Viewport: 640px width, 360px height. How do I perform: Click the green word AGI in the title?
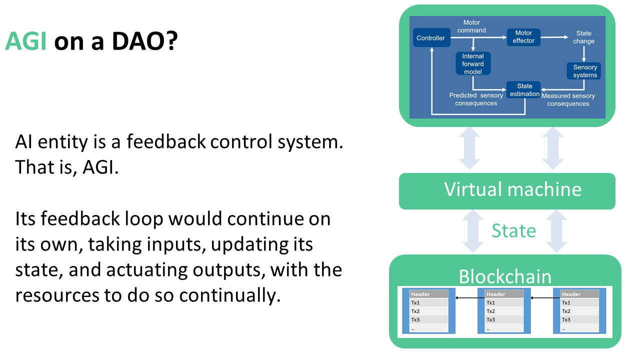(x=25, y=42)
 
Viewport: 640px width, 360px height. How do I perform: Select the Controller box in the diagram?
(x=430, y=38)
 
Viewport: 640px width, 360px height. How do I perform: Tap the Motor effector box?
(x=523, y=37)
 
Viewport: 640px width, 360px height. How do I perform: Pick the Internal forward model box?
(x=473, y=64)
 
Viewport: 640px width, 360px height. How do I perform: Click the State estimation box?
(x=524, y=90)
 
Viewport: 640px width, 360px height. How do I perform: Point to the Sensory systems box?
(x=584, y=71)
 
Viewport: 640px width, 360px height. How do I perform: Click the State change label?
(x=583, y=37)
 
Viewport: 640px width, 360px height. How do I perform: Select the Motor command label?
(x=471, y=26)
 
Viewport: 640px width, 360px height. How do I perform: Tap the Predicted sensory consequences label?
(x=476, y=99)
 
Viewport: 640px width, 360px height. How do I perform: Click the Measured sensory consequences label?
(x=568, y=99)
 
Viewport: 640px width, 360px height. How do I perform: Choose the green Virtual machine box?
(x=507, y=190)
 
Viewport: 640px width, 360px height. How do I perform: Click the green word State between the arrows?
(x=513, y=230)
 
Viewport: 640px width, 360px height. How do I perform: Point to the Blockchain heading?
(x=505, y=276)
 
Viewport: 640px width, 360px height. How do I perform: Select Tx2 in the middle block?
(x=490, y=311)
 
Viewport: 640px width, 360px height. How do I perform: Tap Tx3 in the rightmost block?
(x=566, y=319)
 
